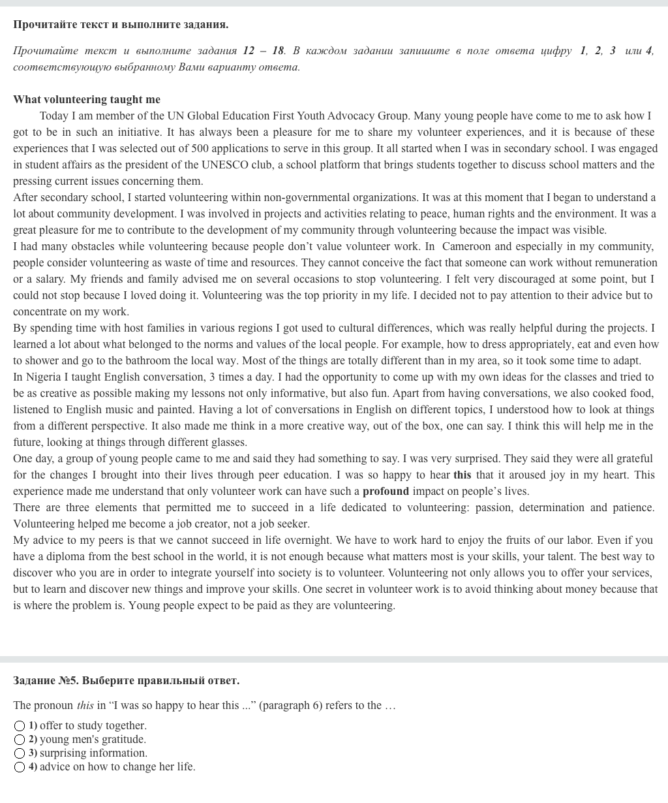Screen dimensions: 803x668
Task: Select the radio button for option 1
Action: [20, 726]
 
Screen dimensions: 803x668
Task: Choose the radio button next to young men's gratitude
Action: [20, 740]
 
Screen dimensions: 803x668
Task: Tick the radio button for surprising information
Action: [20, 753]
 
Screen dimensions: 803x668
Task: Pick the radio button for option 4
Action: [20, 767]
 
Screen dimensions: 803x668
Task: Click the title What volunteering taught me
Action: [87, 99]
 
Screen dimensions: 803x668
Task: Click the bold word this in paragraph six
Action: [462, 475]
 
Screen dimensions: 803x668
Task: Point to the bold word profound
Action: [386, 491]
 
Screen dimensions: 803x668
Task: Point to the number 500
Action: [201, 148]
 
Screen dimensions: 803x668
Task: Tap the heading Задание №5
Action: [46, 680]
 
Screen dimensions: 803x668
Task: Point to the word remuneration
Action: [622, 262]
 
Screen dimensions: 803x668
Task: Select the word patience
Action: [632, 507]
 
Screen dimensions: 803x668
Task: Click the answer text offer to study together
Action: [93, 726]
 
